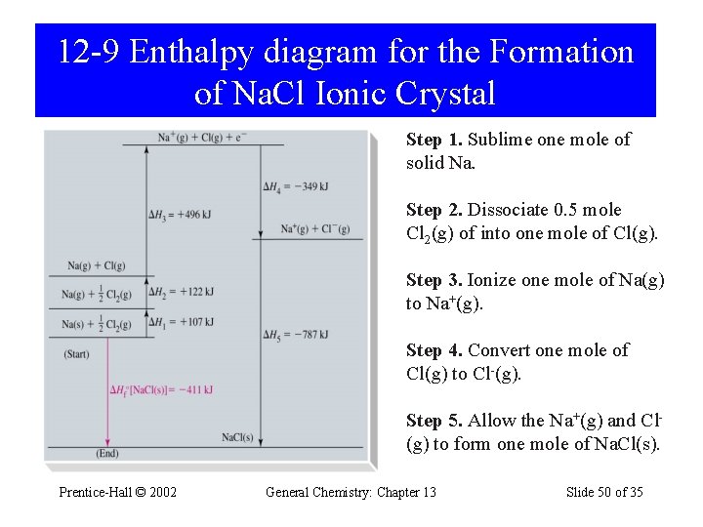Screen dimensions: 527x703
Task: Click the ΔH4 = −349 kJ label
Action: point(295,185)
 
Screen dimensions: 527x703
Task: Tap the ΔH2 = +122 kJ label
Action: point(181,292)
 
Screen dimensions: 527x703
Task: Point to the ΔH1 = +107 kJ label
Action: point(181,322)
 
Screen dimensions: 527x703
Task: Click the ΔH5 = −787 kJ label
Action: point(295,335)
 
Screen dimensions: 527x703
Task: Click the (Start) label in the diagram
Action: point(77,353)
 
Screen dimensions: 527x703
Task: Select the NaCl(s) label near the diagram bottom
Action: point(237,437)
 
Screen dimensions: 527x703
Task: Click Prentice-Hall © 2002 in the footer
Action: point(117,492)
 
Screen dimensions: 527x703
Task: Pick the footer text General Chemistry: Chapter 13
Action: point(351,492)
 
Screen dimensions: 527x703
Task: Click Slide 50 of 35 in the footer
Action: point(604,492)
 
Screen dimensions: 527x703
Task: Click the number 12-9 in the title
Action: point(89,52)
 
